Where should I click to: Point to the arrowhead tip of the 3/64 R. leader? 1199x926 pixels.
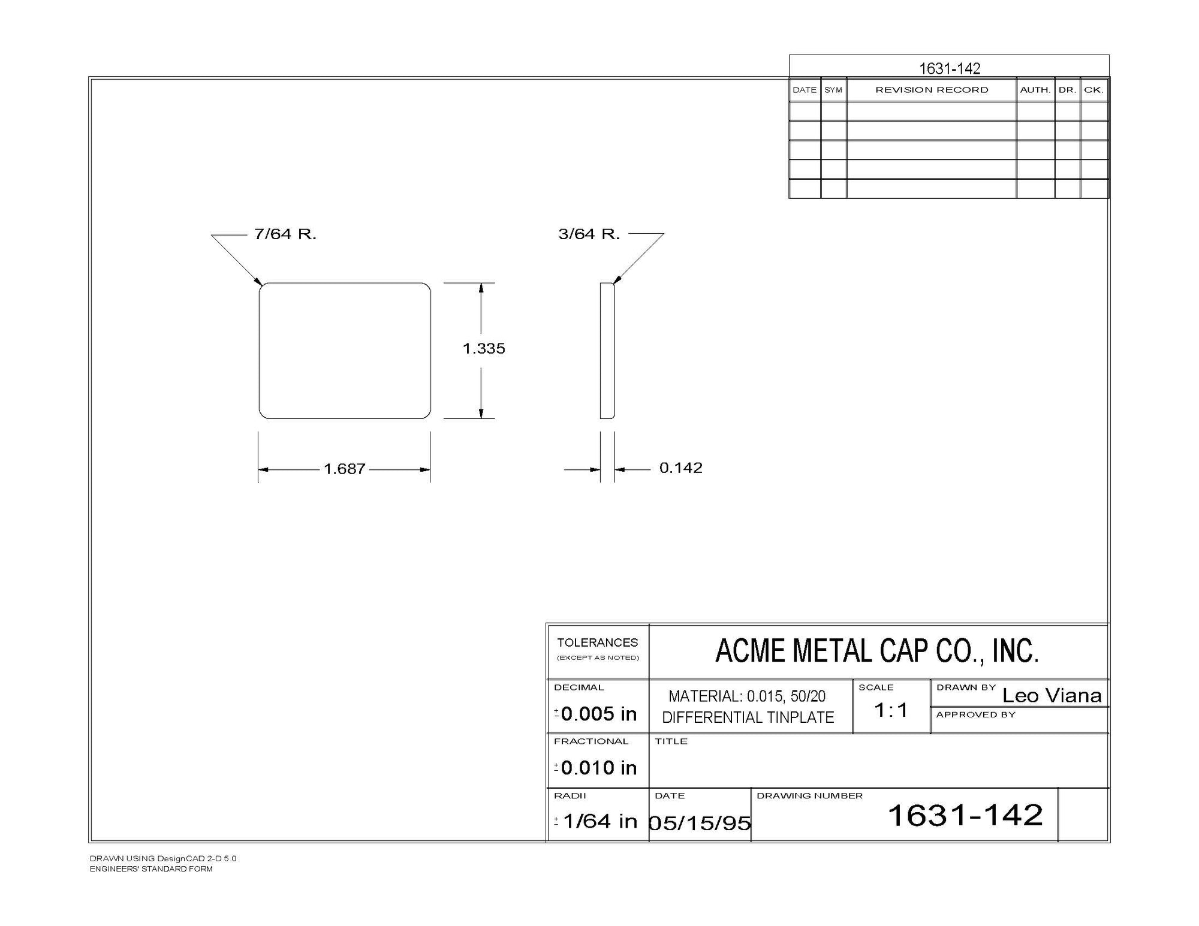(x=613, y=283)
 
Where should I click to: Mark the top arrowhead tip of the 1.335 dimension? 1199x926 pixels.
(x=481, y=283)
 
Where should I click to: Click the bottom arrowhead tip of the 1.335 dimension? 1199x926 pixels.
(x=481, y=418)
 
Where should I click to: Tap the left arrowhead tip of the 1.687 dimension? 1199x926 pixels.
(x=258, y=470)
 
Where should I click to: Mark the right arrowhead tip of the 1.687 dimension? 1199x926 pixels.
(x=430, y=470)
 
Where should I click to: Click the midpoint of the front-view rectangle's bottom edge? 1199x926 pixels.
(x=345, y=418)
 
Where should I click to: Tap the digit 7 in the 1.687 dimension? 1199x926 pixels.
(x=361, y=469)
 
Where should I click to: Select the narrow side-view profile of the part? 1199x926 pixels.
(x=607, y=351)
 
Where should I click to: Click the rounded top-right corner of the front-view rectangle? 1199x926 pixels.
(x=427, y=287)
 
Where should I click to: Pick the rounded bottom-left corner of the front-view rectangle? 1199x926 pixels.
(x=263, y=415)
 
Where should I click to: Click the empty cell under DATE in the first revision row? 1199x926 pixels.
(x=805, y=111)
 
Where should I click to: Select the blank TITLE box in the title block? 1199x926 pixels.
(x=879, y=761)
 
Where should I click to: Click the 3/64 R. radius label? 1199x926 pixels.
(x=589, y=234)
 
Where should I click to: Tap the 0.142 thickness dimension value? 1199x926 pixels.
(x=681, y=467)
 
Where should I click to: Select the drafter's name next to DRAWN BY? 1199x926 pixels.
(x=1052, y=695)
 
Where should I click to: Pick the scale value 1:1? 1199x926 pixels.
(x=891, y=710)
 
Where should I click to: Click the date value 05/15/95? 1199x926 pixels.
(x=700, y=823)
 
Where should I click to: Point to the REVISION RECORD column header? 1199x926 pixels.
(x=932, y=90)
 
